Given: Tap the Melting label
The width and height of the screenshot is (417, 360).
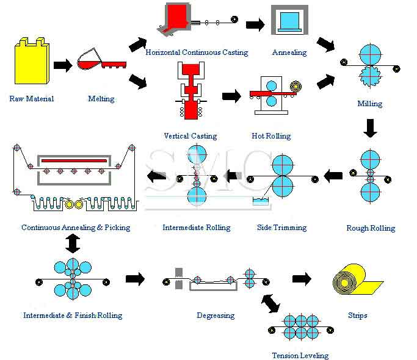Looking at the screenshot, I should [x=101, y=98].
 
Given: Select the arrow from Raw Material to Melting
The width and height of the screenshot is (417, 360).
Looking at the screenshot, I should [x=62, y=65].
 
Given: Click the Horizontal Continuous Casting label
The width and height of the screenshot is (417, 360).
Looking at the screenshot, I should [x=197, y=52].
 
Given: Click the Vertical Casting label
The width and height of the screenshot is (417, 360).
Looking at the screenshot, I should [x=190, y=136].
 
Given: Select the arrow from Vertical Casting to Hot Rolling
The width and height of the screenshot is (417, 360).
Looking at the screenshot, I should [x=231, y=95].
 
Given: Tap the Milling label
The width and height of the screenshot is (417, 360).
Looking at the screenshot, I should [x=369, y=104].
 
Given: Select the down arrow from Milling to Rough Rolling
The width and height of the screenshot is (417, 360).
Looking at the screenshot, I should [x=370, y=128].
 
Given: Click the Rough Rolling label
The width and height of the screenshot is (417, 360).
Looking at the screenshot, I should [x=371, y=228].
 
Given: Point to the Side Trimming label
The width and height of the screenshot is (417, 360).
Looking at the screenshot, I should [x=281, y=228].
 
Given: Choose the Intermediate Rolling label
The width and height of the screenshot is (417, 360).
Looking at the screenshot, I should [x=197, y=228].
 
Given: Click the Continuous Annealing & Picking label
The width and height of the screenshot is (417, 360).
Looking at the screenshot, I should [x=76, y=228].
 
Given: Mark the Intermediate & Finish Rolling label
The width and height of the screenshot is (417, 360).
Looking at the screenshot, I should [x=73, y=315].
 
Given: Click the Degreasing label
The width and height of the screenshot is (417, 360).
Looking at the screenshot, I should [x=216, y=315].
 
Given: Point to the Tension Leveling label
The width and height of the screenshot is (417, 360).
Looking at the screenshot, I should [x=300, y=355].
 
